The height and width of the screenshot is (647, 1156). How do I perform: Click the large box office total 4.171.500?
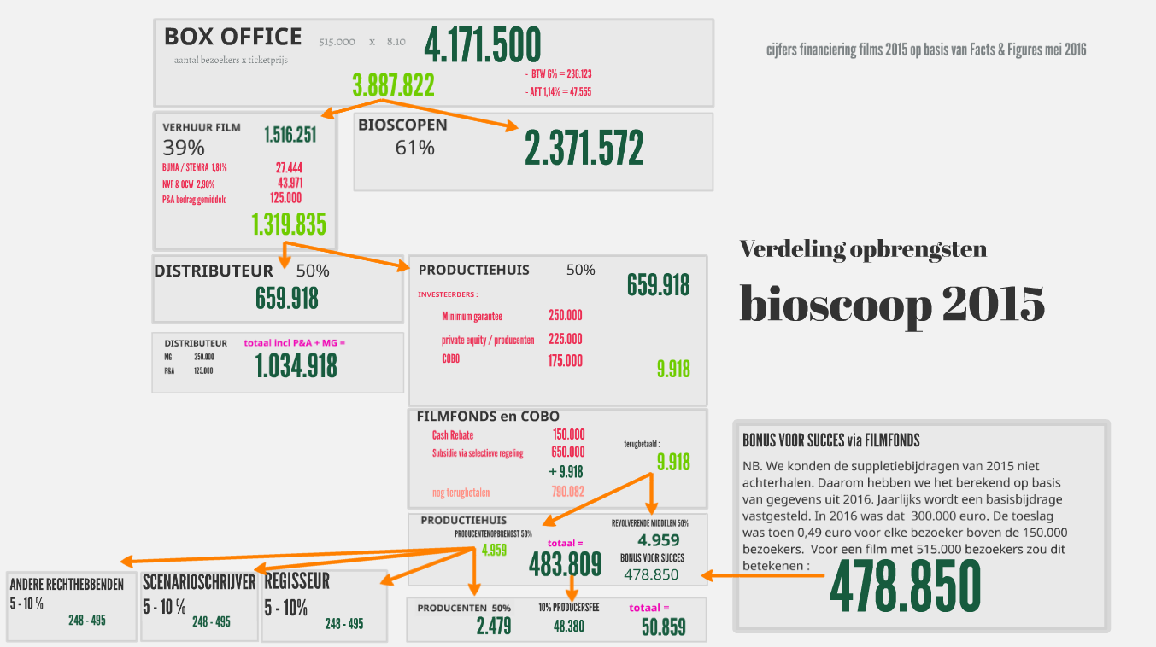tap(483, 45)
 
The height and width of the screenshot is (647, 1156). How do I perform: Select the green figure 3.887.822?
tap(393, 85)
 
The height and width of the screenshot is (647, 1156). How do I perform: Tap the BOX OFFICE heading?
tap(232, 37)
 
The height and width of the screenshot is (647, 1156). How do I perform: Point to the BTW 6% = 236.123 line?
tap(561, 74)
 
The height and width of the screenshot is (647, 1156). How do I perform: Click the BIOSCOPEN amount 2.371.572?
tap(584, 149)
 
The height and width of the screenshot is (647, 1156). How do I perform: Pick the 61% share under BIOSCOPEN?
tap(414, 148)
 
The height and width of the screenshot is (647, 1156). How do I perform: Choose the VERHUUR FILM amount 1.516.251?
tap(290, 135)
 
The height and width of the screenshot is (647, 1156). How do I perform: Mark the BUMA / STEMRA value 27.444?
tap(289, 167)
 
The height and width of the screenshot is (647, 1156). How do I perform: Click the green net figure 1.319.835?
tap(289, 224)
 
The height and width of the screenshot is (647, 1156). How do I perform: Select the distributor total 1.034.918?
tap(296, 366)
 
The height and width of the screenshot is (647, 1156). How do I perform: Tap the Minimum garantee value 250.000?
tap(565, 315)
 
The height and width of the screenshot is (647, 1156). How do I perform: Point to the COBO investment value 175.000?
tap(565, 361)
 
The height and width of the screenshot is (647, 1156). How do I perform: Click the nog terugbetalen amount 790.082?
tap(567, 492)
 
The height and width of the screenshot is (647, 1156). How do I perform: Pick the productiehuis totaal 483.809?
tap(566, 564)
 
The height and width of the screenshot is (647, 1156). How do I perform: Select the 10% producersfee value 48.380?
tap(569, 626)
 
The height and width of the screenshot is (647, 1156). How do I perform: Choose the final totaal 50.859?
tap(663, 627)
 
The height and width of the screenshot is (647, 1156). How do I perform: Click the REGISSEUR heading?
tap(296, 582)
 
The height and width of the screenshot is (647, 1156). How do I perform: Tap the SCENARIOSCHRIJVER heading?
tap(199, 582)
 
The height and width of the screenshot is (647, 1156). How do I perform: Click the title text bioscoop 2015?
tap(892, 303)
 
